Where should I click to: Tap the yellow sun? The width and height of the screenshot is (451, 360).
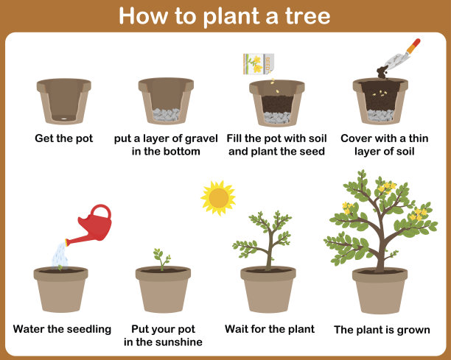tap(218, 198)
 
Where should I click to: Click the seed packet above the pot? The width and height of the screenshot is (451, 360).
tap(259, 64)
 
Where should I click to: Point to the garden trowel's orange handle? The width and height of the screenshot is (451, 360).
tap(413, 46)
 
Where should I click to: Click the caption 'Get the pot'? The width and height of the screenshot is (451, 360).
tap(64, 138)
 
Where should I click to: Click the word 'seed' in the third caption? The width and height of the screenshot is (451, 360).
tap(312, 152)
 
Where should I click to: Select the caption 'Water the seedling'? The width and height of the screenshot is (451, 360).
tap(62, 329)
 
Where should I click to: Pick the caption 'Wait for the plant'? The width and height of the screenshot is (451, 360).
tap(270, 329)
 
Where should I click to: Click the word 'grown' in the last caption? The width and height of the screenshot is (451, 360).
tap(413, 331)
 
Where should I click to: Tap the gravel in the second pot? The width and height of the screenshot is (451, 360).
tap(167, 114)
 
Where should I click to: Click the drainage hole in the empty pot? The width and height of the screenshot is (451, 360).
tap(64, 119)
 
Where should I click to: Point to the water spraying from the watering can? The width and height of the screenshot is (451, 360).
tap(60, 255)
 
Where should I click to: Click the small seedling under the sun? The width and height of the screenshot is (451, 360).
tap(162, 259)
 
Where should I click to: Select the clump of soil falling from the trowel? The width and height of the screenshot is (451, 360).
tap(382, 72)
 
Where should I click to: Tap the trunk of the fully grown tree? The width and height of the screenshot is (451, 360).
tap(381, 253)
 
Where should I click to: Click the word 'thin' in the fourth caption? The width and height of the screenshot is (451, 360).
tap(419, 138)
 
